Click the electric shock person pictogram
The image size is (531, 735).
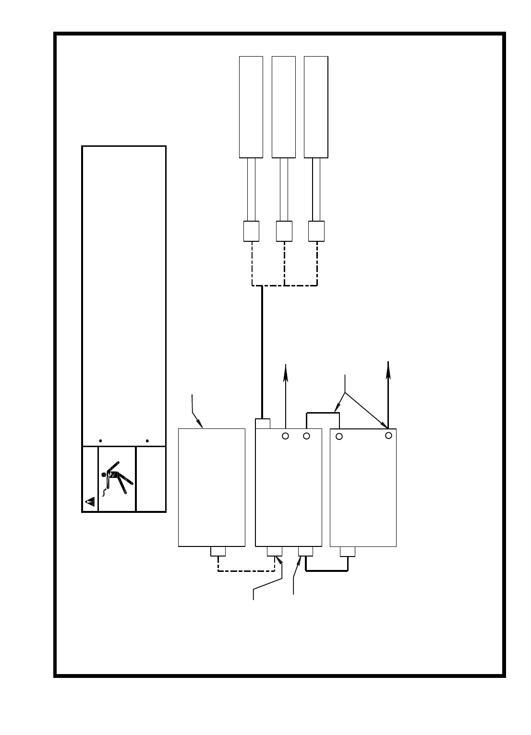click(x=117, y=479)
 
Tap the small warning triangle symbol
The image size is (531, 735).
click(x=90, y=502)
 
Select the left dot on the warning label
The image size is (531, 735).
click(x=100, y=440)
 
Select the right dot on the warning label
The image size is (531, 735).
click(x=147, y=440)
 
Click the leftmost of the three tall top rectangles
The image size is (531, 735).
click(x=251, y=107)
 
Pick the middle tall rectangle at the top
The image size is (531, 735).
click(x=283, y=107)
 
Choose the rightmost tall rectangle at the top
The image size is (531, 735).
click(x=316, y=107)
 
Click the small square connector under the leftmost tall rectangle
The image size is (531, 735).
click(x=251, y=231)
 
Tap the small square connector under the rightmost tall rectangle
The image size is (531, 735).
click(x=316, y=231)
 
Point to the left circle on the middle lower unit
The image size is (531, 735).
click(x=285, y=436)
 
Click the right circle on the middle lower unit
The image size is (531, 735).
click(x=306, y=436)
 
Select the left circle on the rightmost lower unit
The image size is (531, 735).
click(x=339, y=436)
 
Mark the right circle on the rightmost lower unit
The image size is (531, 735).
click(x=389, y=435)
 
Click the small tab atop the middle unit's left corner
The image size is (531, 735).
click(x=263, y=424)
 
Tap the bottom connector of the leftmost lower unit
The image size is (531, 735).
click(x=218, y=551)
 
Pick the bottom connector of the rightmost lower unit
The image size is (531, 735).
click(x=348, y=551)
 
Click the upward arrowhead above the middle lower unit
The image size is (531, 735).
click(x=286, y=371)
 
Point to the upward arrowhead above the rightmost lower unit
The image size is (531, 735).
click(x=388, y=367)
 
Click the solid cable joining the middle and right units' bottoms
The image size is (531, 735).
click(x=326, y=571)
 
